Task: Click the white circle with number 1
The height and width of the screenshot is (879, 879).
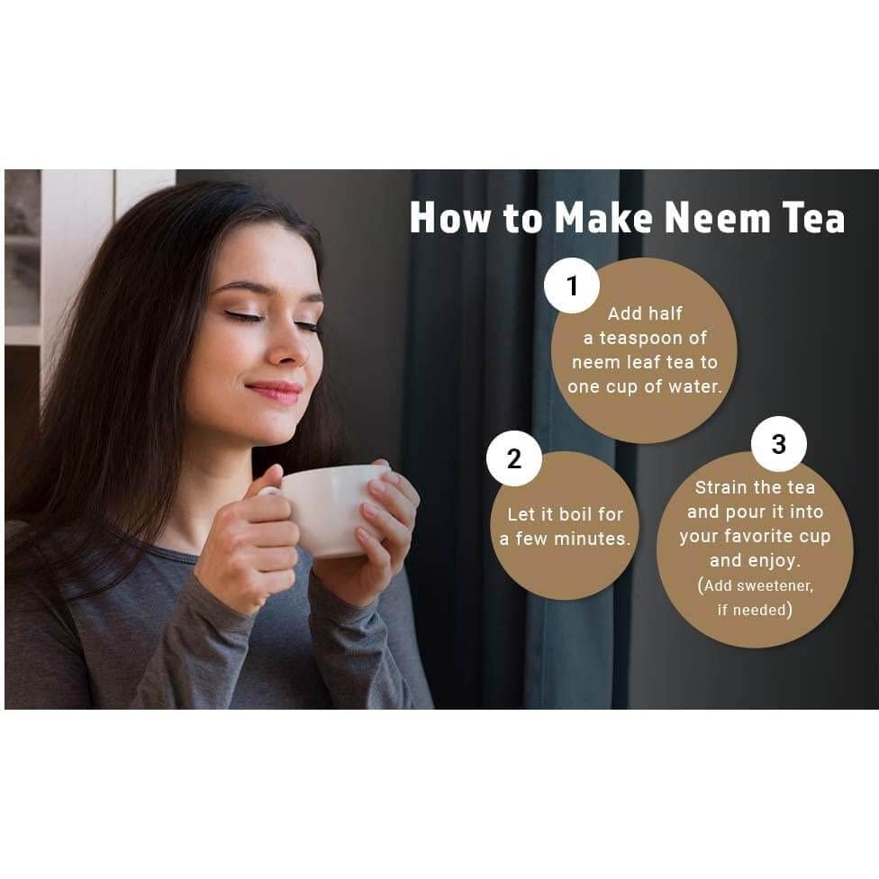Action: (572, 285)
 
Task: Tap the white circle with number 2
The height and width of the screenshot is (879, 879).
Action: (513, 458)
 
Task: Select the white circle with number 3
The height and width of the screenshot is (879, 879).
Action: (778, 444)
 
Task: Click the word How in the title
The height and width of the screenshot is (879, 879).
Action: (449, 219)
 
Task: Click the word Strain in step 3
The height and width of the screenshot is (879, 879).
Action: (721, 487)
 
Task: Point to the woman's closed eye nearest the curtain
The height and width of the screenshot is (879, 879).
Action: (307, 325)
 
